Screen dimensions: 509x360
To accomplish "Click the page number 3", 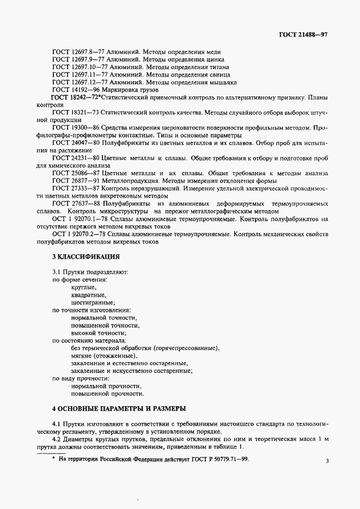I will [327, 461].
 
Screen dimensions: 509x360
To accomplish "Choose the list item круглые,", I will [83, 287].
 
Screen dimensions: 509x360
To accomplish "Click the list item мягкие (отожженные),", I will [104, 355].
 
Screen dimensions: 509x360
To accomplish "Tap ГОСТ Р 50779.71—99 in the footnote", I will [216, 459].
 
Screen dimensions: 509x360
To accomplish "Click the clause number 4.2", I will [57, 439].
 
